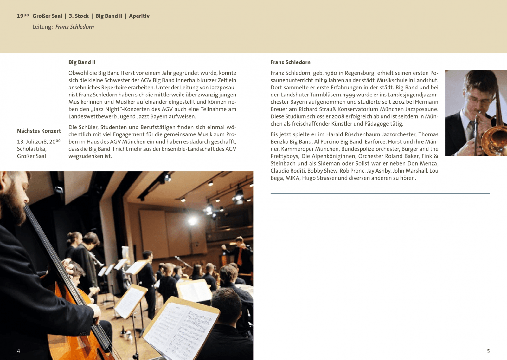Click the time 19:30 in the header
point(23,16)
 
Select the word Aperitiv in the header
point(139,16)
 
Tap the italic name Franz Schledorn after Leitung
point(74,27)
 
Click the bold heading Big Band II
point(82,62)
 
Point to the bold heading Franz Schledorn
point(290,62)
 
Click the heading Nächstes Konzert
point(39,131)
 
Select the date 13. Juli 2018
point(32,142)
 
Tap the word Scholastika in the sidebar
point(31,149)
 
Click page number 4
point(19,351)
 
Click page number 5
point(488,351)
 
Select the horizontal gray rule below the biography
point(380,193)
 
